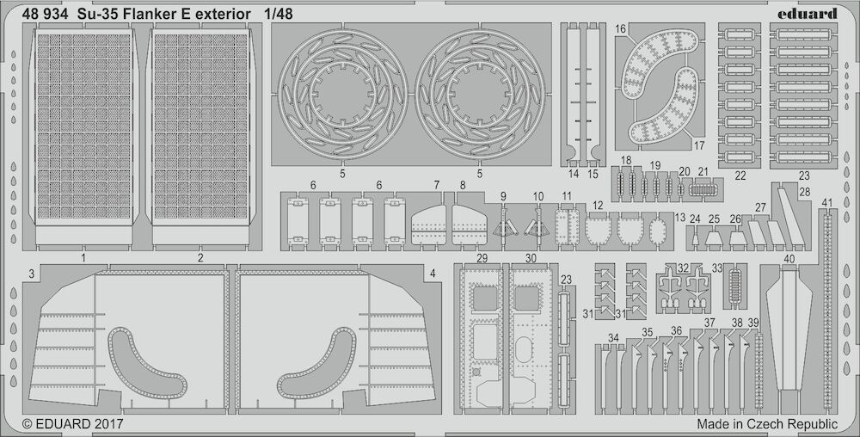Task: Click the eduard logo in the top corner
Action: click(x=809, y=13)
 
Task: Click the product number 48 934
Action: click(x=45, y=15)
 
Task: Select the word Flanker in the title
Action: click(x=144, y=15)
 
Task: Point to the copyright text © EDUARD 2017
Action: click(x=72, y=424)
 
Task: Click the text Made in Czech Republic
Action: click(x=767, y=424)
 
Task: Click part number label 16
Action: click(x=620, y=29)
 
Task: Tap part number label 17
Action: click(x=698, y=146)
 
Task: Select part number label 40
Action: click(x=789, y=259)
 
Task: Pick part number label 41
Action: click(x=827, y=202)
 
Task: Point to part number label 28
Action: click(x=805, y=192)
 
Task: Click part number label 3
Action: click(x=32, y=273)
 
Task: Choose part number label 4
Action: click(x=433, y=273)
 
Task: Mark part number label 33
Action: click(x=717, y=268)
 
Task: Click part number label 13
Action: click(x=680, y=218)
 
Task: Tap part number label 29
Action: click(x=482, y=258)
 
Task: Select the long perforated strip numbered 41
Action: click(x=827, y=312)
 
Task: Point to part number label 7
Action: click(x=437, y=185)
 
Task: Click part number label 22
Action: click(x=740, y=176)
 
